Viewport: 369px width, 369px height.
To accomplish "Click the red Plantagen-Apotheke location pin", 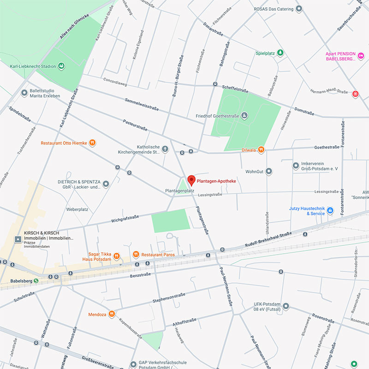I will coord(191,180).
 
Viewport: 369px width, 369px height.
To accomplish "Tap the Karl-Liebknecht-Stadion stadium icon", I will coord(61,66).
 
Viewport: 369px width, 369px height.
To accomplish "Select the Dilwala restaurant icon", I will coord(261,149).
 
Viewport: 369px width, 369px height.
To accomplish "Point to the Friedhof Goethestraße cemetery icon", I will coord(244,115).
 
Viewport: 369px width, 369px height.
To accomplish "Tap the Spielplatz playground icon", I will coord(280,54).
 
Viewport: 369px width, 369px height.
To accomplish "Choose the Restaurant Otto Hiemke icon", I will coord(92,143).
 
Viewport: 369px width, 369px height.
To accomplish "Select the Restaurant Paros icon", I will coord(136,254).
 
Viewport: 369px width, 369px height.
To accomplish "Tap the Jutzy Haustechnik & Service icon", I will coord(330,211).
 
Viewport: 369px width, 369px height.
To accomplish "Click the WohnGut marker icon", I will coord(269,172).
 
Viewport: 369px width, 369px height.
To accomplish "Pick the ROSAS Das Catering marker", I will coord(299,8).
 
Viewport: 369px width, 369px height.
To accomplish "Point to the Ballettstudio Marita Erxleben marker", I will coord(24,93).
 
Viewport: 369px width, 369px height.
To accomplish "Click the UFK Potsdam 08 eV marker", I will coord(286,306).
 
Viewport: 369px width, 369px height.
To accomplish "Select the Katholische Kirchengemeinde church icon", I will coord(165,149).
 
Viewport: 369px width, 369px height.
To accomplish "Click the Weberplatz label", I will coord(77,209).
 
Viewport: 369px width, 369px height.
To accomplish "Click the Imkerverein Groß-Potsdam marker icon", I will coord(296,166).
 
